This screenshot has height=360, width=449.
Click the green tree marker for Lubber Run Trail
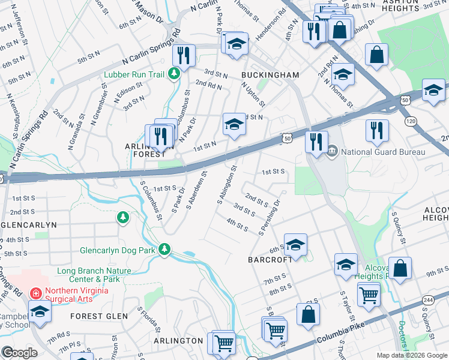point(174,74)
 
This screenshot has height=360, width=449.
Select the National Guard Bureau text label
point(383,152)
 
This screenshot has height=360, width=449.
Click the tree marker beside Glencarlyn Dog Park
point(164,249)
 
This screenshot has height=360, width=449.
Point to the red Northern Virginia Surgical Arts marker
point(35,293)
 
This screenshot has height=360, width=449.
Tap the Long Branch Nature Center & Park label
point(95,275)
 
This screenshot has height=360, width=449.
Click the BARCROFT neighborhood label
point(270,260)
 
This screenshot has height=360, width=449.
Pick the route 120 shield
point(411,121)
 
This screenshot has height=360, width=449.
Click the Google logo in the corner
point(19,353)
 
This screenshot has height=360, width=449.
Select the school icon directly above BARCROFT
point(295,244)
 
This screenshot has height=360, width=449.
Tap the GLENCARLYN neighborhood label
point(28,224)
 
